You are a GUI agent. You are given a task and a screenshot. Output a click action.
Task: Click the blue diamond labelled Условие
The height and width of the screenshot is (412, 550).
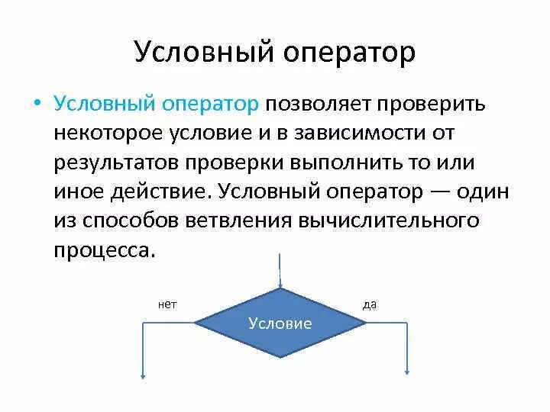280,323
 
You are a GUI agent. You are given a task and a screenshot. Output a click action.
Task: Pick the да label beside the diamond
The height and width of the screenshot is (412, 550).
369,304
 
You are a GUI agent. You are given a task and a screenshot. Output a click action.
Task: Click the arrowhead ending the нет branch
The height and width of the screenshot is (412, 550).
143,374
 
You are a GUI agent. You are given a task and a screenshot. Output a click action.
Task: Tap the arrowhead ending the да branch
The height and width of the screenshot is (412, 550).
406,374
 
